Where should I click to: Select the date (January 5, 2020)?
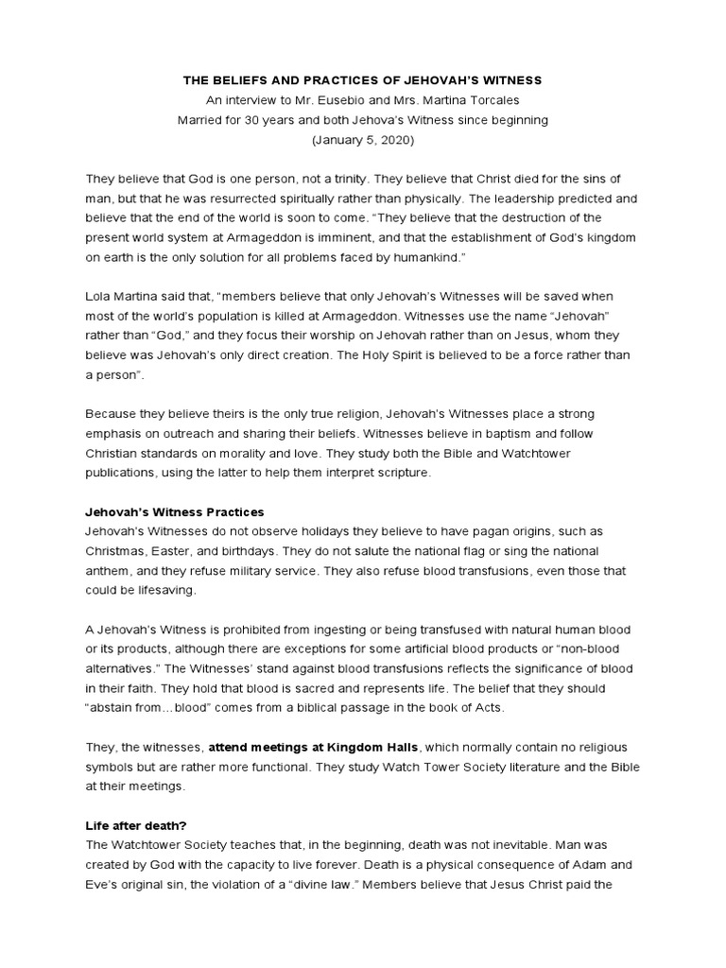(x=362, y=139)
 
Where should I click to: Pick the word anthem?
(x=108, y=571)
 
